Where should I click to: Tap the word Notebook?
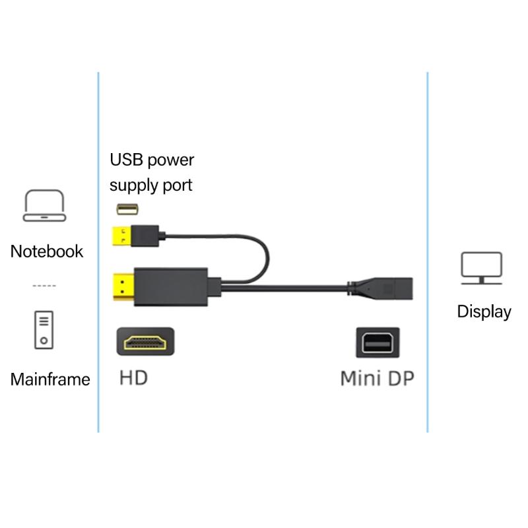[47, 251]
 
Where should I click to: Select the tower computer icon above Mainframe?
[44, 329]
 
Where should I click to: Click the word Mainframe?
[50, 379]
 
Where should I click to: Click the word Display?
[484, 312]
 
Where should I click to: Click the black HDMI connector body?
[172, 285]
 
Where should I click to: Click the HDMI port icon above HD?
[145, 343]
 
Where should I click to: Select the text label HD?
[133, 378]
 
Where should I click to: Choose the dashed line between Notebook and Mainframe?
[44, 286]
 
